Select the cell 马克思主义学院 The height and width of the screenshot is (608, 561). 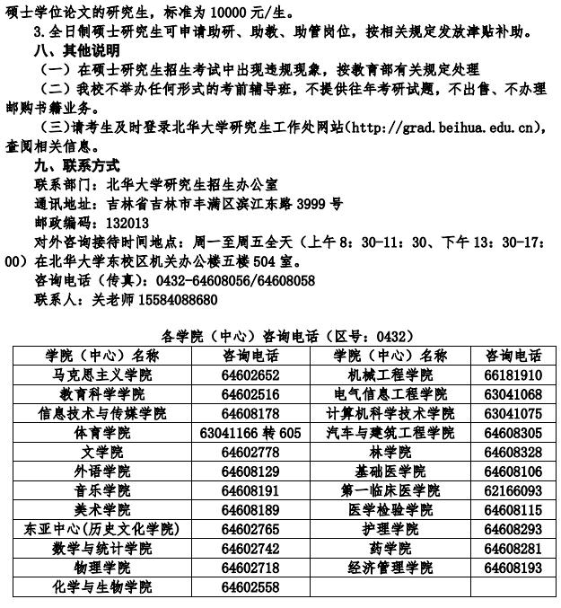tap(100, 375)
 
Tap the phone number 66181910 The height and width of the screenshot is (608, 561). tap(513, 375)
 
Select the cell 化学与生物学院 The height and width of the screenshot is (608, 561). tap(100, 587)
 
